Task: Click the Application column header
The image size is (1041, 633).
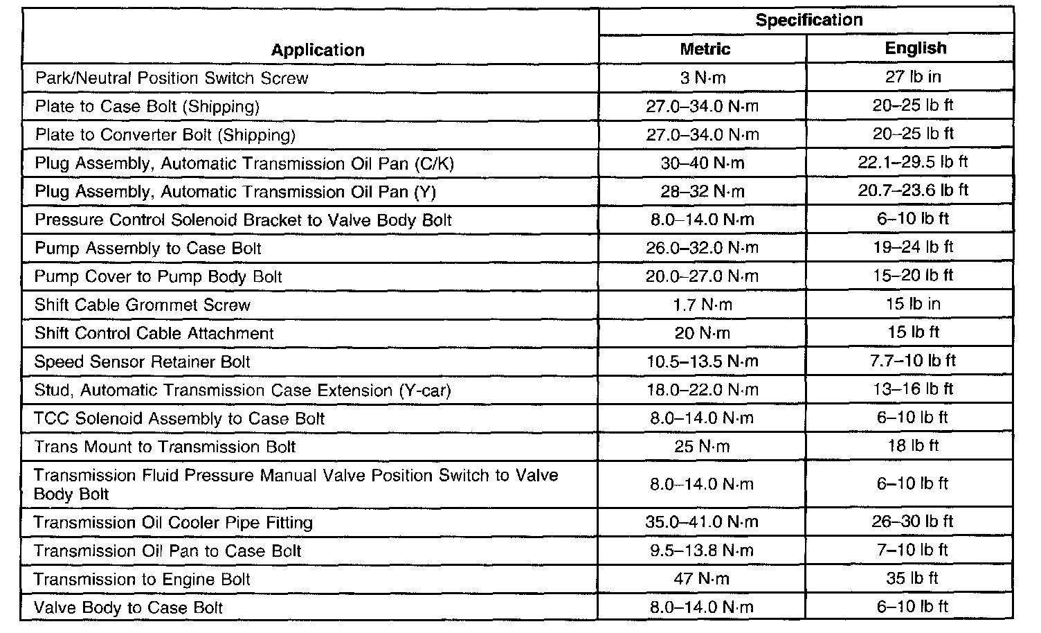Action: pyautogui.click(x=317, y=50)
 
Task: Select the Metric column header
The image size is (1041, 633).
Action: pyautogui.click(x=705, y=48)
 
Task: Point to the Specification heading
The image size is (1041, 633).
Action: pyautogui.click(x=808, y=20)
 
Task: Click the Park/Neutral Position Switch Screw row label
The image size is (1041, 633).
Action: pyautogui.click(x=172, y=78)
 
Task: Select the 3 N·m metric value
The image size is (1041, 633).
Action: pyautogui.click(x=703, y=78)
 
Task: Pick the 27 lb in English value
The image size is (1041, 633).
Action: pyautogui.click(x=913, y=77)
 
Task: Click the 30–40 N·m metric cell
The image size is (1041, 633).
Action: pyautogui.click(x=703, y=163)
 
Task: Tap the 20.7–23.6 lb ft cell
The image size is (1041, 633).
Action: pyautogui.click(x=913, y=190)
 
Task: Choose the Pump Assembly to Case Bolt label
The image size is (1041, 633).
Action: pyautogui.click(x=148, y=249)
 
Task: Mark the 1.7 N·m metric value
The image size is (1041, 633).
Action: pyautogui.click(x=703, y=305)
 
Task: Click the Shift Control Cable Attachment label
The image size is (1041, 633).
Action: pyautogui.click(x=154, y=333)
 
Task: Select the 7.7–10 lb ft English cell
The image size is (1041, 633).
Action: pyautogui.click(x=913, y=361)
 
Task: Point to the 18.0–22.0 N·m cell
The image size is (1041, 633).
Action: pyautogui.click(x=703, y=390)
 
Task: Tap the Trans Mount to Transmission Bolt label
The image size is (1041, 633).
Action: pyautogui.click(x=165, y=447)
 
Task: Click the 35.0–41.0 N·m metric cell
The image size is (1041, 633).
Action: pyautogui.click(x=703, y=522)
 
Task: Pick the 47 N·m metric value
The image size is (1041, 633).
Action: pyautogui.click(x=703, y=579)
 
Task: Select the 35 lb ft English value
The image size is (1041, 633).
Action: pyautogui.click(x=913, y=578)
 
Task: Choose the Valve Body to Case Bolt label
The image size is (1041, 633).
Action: pyautogui.click(x=129, y=608)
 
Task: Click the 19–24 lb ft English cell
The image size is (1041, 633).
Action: pyautogui.click(x=913, y=247)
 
